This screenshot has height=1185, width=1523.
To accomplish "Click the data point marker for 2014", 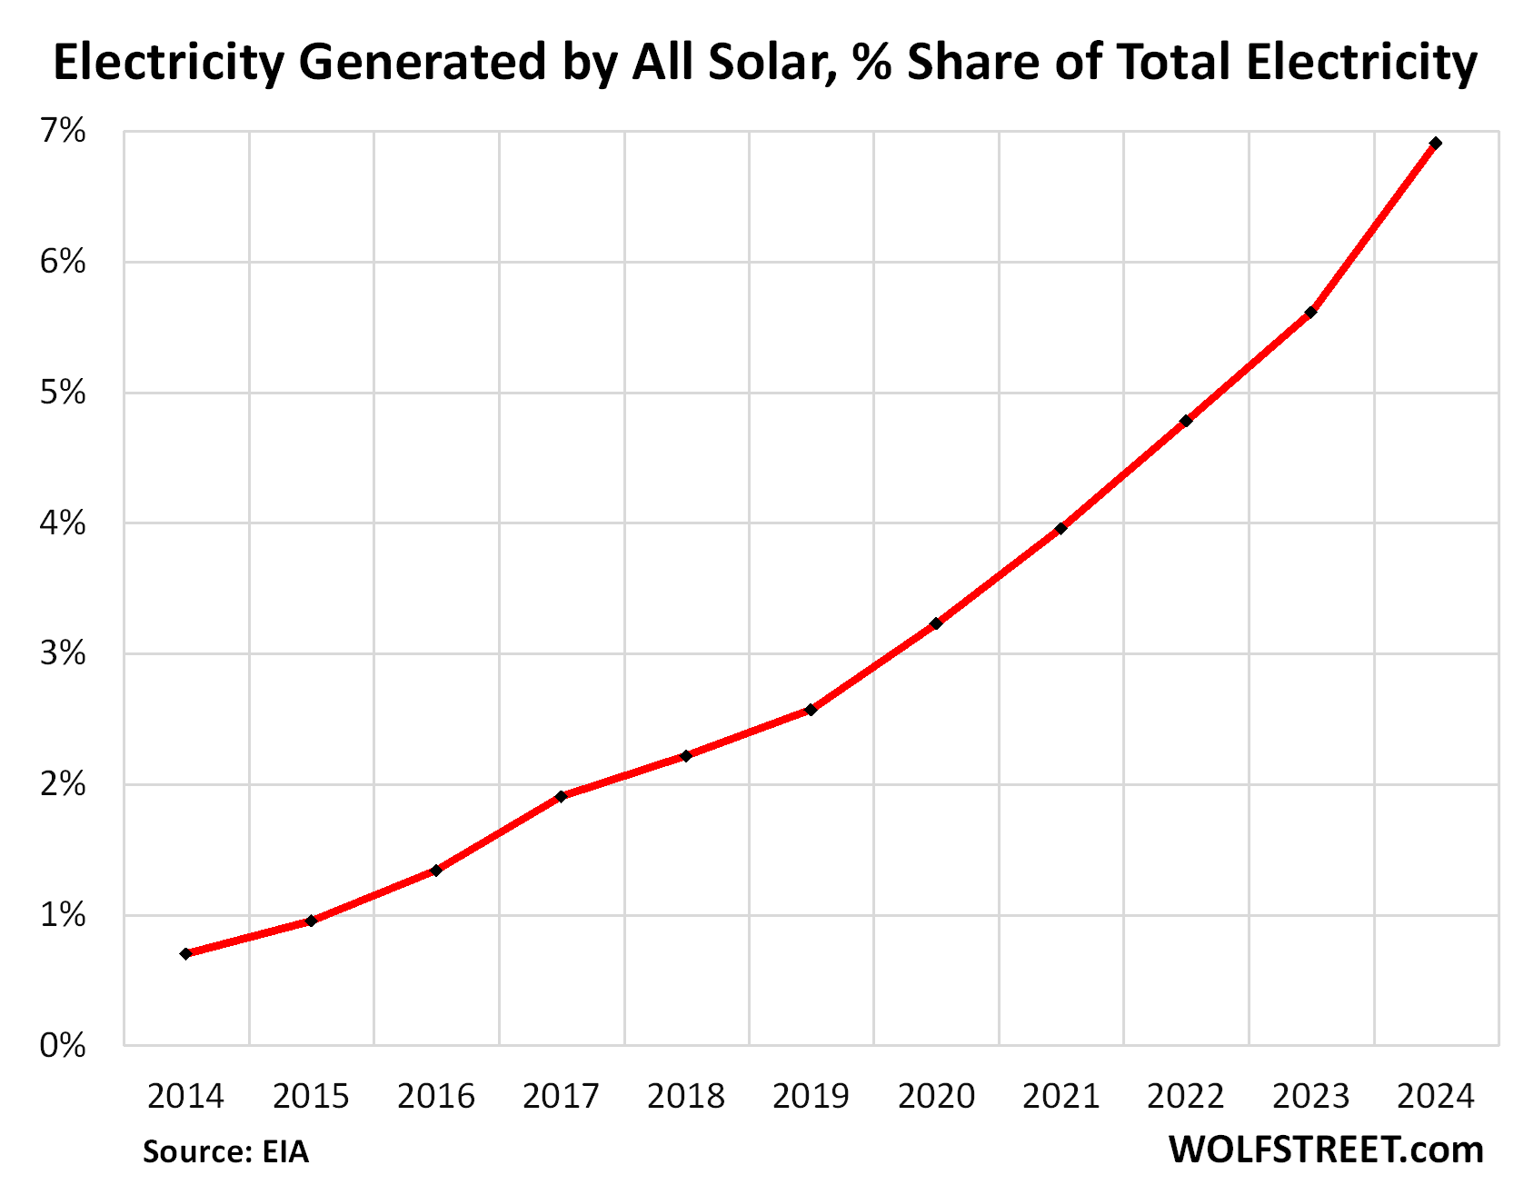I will point(185,953).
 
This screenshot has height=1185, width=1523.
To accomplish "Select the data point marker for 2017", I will point(561,796).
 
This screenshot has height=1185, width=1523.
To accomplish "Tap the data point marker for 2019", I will point(811,710).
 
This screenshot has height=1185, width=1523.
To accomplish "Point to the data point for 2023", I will point(1310,313).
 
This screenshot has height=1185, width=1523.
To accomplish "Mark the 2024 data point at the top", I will point(1436,144).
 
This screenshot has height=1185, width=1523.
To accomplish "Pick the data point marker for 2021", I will point(1060,528).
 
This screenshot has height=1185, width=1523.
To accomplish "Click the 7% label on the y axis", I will point(63,132).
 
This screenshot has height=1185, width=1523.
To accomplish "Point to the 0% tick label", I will point(63,1045).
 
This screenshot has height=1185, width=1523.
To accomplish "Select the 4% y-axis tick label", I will point(63,523).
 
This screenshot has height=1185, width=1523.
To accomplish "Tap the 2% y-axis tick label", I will point(63,784).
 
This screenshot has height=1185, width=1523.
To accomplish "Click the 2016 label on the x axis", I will point(436,1097).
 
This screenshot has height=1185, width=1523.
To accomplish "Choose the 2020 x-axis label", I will point(936,1097).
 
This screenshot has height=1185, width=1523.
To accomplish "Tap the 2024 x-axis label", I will point(1436,1097).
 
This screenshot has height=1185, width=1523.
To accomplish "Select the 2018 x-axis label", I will point(686,1097).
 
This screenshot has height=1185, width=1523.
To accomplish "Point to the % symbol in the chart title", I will point(872,64).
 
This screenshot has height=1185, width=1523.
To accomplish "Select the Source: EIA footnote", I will point(225,1152).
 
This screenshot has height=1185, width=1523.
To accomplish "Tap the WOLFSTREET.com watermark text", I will point(1325,1150).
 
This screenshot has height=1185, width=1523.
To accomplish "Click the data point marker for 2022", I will point(1186,421).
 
